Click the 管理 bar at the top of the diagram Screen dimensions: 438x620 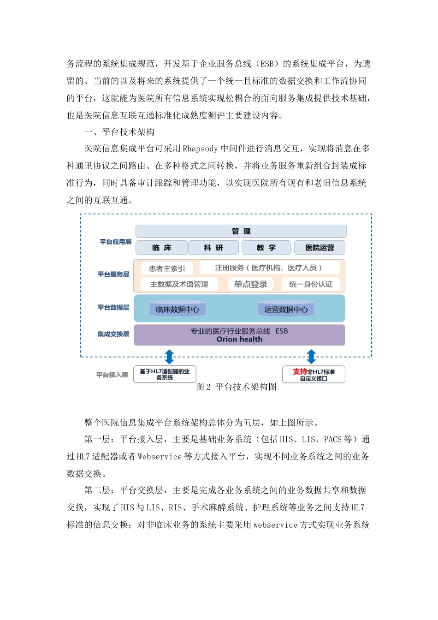(x=241, y=231)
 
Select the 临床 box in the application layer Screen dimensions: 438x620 (x=162, y=248)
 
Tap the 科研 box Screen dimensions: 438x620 (x=213, y=248)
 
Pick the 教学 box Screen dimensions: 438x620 (x=266, y=248)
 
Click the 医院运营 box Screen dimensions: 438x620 (x=320, y=248)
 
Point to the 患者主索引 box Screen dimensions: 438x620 (x=167, y=268)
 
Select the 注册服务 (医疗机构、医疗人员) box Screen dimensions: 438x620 (x=269, y=268)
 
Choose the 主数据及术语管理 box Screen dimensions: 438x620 (x=179, y=284)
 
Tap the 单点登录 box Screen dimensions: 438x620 (x=250, y=284)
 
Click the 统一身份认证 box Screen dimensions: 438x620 (x=311, y=284)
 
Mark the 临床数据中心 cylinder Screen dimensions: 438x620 (x=178, y=309)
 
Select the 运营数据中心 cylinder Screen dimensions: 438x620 (x=286, y=309)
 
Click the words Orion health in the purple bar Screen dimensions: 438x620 (x=239, y=340)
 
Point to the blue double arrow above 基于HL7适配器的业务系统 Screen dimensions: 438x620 (x=169, y=357)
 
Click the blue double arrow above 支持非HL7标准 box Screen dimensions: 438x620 (x=311, y=357)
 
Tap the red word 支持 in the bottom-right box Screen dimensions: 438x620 (x=300, y=371)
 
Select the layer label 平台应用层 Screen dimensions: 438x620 (x=115, y=242)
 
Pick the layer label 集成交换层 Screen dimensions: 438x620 (x=113, y=334)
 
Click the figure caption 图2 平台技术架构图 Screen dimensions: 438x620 (x=236, y=387)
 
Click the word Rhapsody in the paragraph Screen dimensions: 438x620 (x=200, y=149)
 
